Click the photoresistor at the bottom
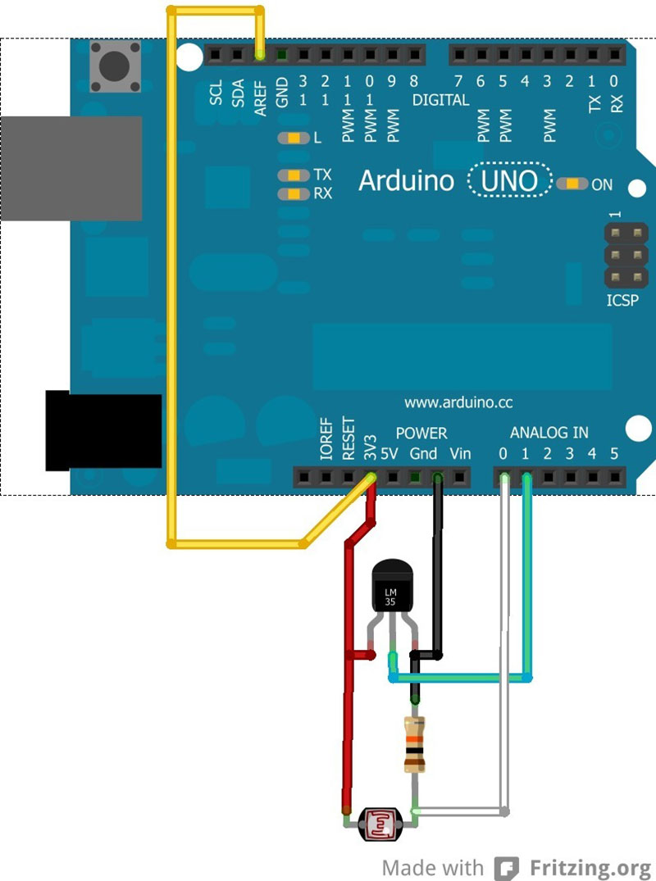click(380, 822)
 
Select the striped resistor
click(416, 743)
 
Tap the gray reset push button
click(116, 67)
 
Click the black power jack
click(102, 431)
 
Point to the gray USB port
click(71, 168)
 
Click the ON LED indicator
click(572, 184)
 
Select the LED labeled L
click(293, 139)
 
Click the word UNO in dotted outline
click(509, 181)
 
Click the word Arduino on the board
click(406, 181)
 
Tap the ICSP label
click(622, 301)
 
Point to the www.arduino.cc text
click(458, 402)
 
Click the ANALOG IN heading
click(549, 433)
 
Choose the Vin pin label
click(460, 454)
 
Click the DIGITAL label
click(440, 100)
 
